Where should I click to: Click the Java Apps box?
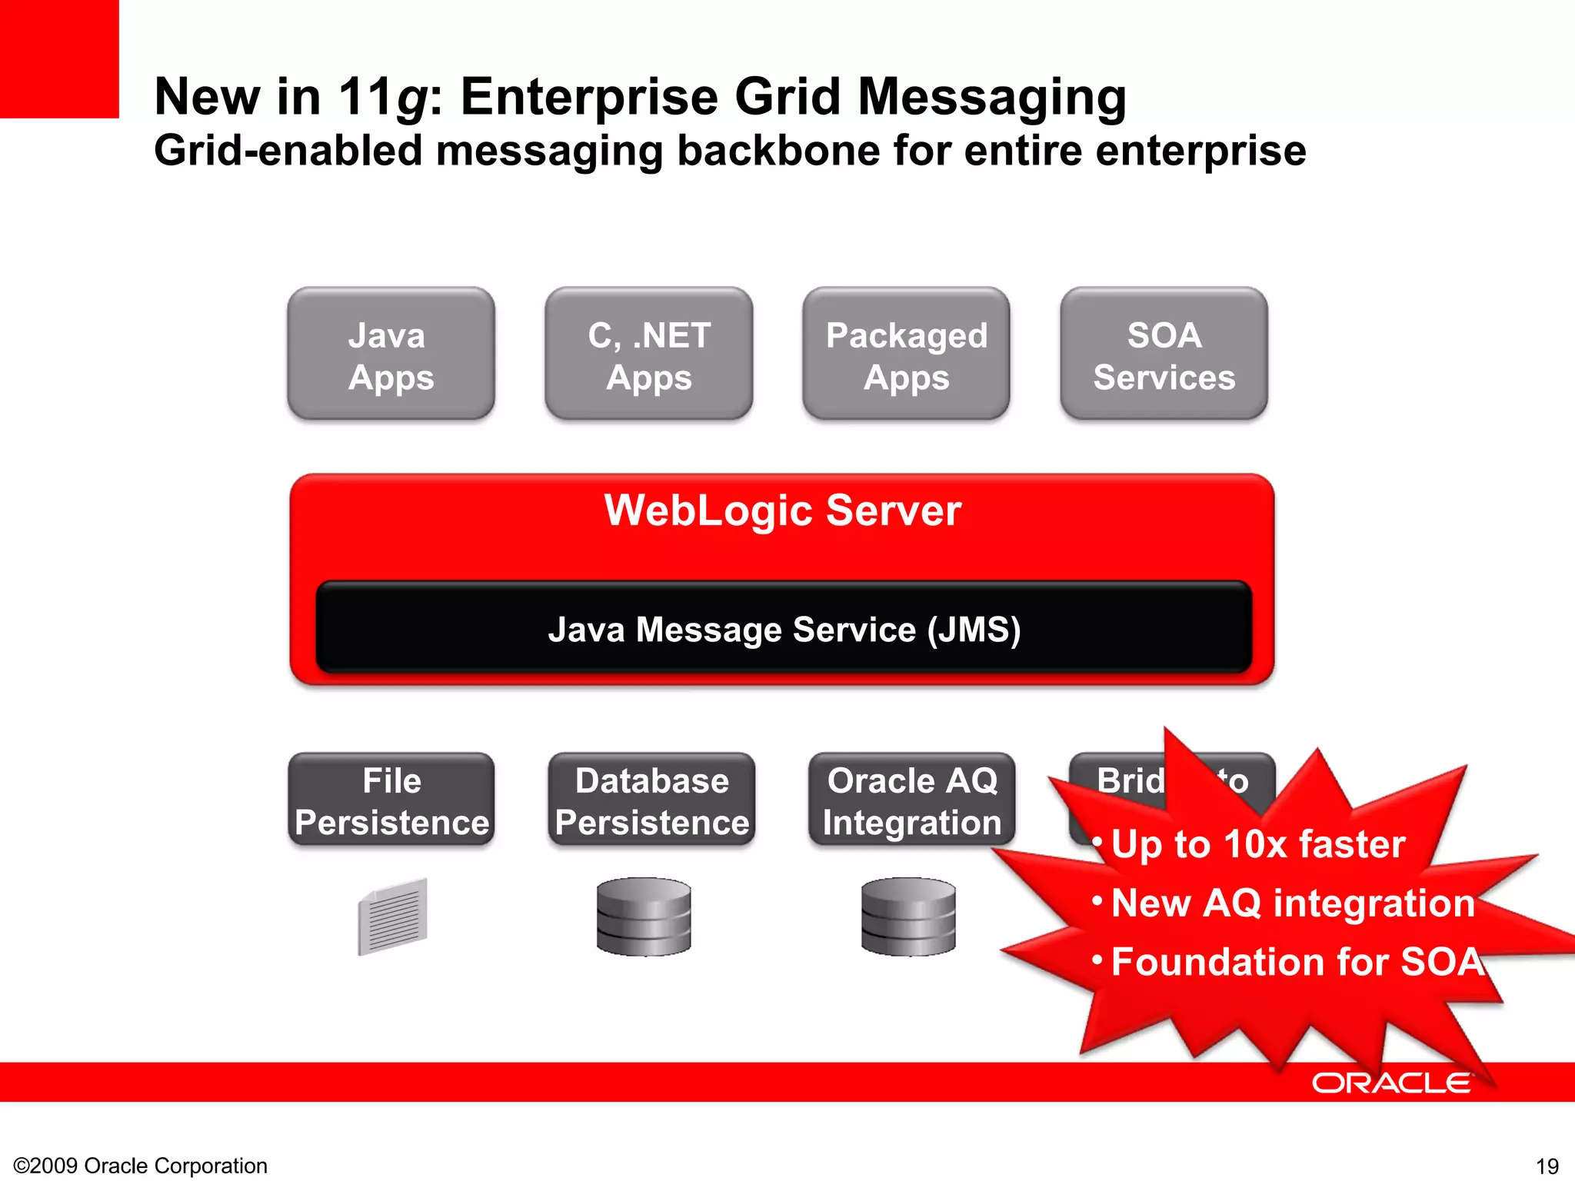391,354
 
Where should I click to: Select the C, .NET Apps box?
648,354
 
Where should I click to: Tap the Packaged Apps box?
906,354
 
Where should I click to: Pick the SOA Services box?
1164,354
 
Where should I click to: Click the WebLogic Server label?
782,511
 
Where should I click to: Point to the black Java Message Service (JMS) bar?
784,628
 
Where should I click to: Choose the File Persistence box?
391,800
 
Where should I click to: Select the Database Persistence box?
651,800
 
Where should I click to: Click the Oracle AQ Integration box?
911,800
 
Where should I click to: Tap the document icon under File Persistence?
392,917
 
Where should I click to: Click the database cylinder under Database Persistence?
644,917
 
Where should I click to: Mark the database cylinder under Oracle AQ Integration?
908,917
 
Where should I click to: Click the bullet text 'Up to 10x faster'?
1257,844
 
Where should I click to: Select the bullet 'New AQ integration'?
1292,903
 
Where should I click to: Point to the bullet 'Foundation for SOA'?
1297,962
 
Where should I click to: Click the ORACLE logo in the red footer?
1390,1083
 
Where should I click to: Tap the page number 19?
1547,1166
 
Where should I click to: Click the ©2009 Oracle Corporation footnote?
141,1166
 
